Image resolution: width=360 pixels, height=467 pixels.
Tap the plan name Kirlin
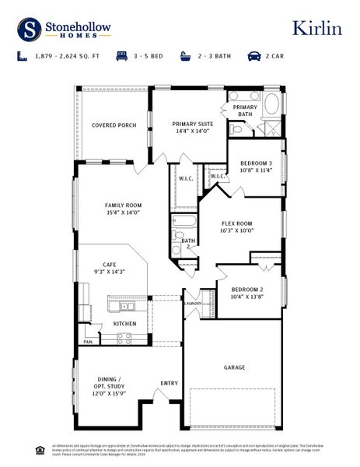point(316,28)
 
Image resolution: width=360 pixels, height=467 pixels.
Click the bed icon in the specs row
point(122,57)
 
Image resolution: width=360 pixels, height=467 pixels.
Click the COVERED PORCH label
point(114,125)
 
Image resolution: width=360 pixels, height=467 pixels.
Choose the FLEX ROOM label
point(237,226)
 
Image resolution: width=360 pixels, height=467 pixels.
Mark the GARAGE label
point(235,367)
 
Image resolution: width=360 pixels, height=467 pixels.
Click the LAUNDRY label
point(194,304)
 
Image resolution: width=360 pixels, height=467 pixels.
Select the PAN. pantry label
point(89,341)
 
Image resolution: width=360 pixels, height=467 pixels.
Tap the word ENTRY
point(169,383)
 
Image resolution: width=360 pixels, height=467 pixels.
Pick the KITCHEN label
point(125,324)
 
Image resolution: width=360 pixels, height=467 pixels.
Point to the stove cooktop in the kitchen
point(124,338)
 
